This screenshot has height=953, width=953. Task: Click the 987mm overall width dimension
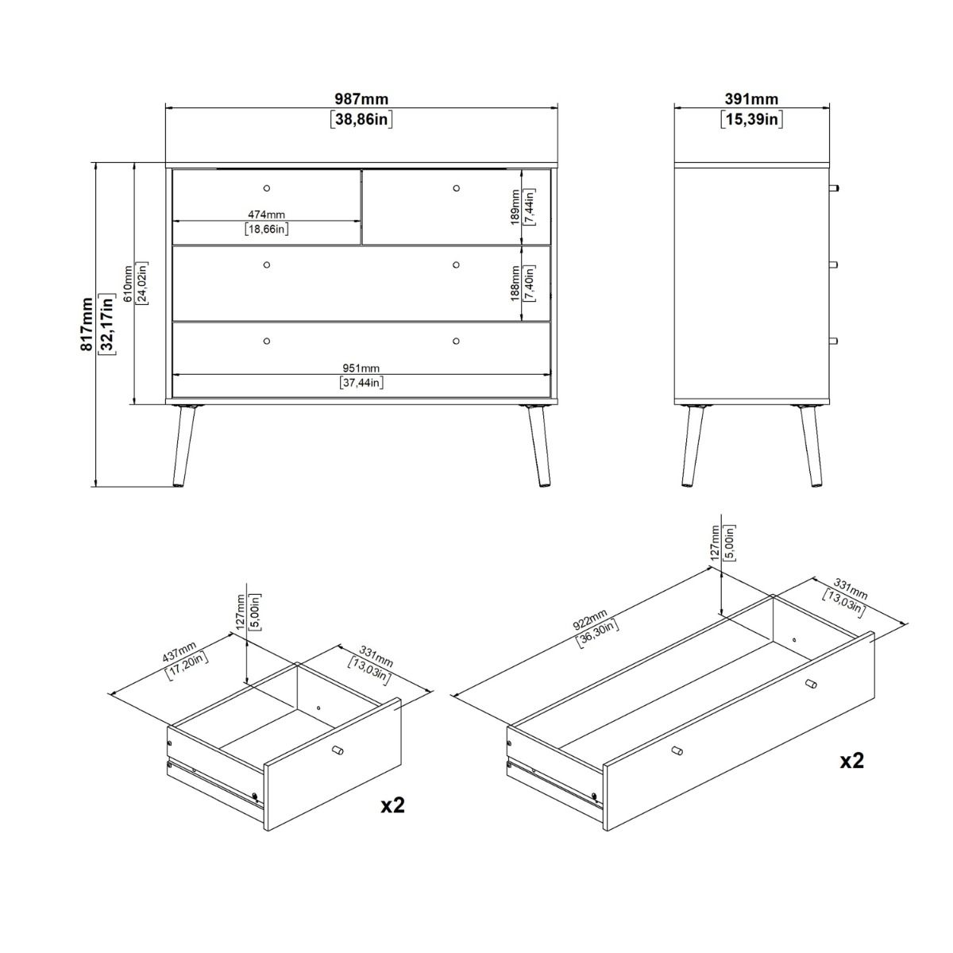(361, 99)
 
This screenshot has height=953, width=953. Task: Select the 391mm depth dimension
(751, 99)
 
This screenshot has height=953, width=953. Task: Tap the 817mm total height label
(87, 325)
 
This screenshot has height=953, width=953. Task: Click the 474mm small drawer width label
(265, 214)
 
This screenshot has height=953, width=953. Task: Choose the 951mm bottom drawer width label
(361, 368)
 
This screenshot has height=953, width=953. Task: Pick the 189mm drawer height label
(515, 207)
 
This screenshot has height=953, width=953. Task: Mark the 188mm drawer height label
(515, 284)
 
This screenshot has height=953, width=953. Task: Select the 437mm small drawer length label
(179, 654)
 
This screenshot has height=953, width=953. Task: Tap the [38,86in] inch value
(361, 120)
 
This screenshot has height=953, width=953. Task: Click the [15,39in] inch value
(751, 120)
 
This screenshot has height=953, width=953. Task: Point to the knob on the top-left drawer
(266, 188)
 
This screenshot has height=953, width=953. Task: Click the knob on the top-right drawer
(456, 188)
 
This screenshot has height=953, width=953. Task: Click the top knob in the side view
(833, 188)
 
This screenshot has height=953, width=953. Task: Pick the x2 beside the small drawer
(393, 804)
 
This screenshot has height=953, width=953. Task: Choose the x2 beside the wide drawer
(852, 761)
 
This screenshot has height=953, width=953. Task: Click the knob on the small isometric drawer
(337, 751)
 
